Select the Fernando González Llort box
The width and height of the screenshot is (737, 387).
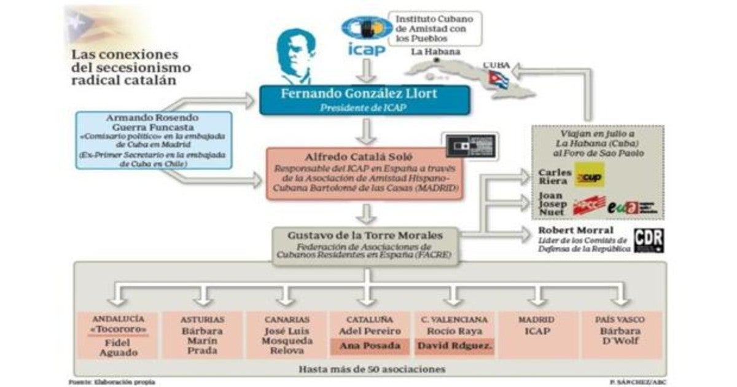click(x=365, y=100)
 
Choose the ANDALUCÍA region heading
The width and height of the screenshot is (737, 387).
click(x=119, y=319)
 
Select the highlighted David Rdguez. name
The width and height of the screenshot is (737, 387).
click(x=455, y=346)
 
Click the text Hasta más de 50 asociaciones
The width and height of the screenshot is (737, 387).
click(x=371, y=369)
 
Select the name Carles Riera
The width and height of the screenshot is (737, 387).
click(x=554, y=176)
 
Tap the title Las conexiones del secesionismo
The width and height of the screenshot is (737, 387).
click(x=131, y=67)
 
